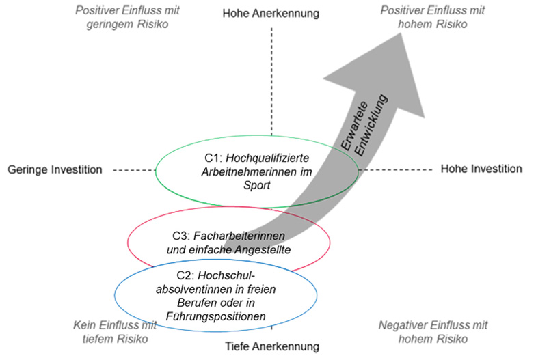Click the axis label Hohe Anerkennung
click(271, 13)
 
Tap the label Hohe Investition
click(481, 169)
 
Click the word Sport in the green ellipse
click(257, 184)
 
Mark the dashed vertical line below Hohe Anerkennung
click(271, 82)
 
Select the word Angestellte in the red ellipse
click(263, 249)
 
